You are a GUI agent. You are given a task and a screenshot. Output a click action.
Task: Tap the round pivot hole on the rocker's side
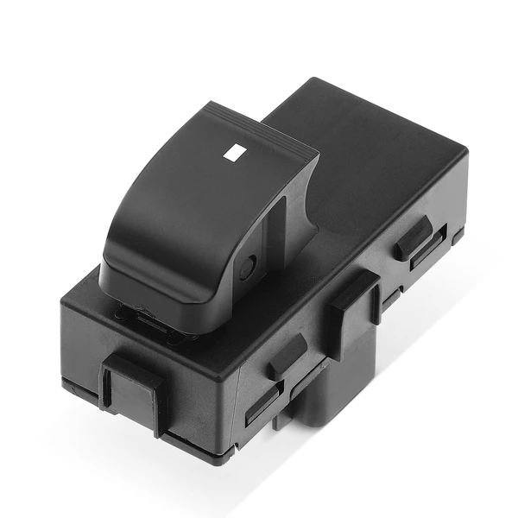tap(249, 268)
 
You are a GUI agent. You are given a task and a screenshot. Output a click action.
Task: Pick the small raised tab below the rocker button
tap(286, 354)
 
